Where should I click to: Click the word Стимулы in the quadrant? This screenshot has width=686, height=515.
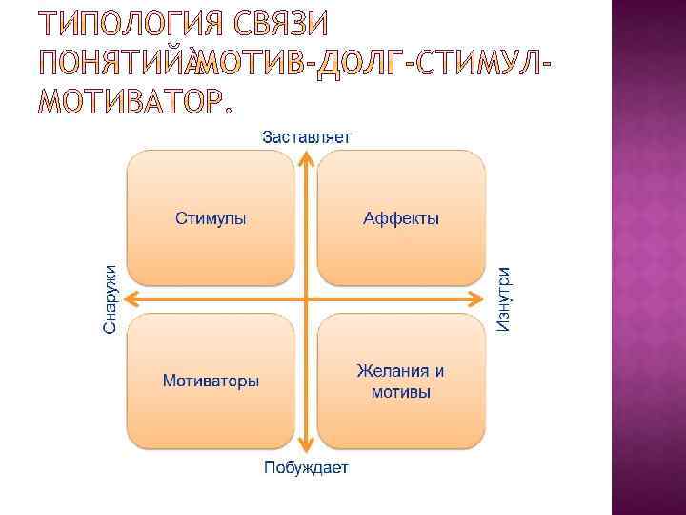tap(211, 218)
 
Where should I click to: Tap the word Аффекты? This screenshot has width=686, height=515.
tap(401, 218)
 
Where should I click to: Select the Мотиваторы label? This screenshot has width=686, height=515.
tap(211, 381)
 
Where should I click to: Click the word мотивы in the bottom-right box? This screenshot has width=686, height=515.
tap(400, 392)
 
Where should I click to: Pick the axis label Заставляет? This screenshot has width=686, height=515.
tap(306, 135)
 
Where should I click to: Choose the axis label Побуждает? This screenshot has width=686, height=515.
tap(306, 467)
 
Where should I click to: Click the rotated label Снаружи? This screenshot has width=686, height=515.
tap(111, 299)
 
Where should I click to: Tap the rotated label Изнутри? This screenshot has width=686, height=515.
tap(503, 299)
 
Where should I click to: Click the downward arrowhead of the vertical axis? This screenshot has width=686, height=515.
tap(306, 445)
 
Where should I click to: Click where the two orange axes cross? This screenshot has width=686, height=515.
tap(306, 299)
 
